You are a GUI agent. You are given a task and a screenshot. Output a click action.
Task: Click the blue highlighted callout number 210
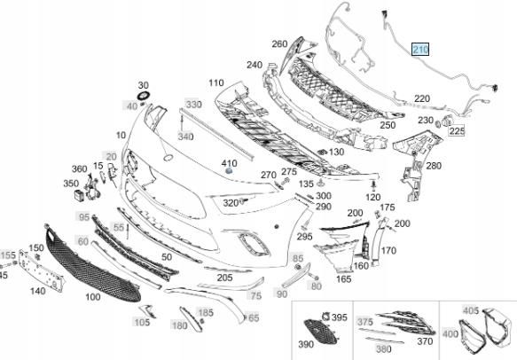419,50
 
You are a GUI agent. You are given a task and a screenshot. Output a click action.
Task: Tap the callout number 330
193,105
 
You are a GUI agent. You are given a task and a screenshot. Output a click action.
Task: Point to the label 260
279,43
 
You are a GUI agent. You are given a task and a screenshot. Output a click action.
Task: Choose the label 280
434,165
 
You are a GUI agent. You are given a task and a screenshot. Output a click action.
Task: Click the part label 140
38,289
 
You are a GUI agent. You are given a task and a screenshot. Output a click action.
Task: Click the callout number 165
344,279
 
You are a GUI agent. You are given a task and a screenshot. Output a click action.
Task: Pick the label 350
71,184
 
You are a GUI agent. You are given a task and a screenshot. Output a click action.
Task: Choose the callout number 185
205,312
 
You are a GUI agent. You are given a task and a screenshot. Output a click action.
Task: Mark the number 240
255,66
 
